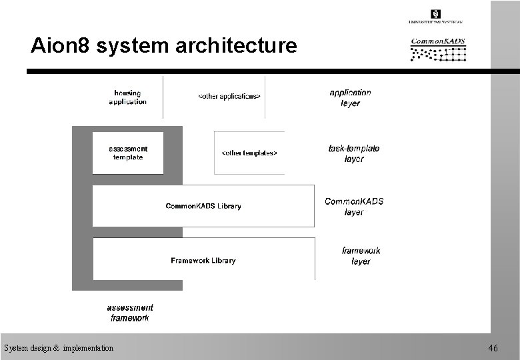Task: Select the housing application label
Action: [127, 97]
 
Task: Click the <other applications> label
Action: [229, 97]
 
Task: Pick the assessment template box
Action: [127, 153]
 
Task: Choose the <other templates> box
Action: [249, 153]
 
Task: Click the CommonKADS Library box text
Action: [203, 206]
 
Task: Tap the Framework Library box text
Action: [203, 261]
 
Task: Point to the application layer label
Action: [350, 98]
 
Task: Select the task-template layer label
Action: [353, 154]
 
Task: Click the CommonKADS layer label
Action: [354, 207]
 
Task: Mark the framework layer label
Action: [361, 256]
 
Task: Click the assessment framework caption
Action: [130, 313]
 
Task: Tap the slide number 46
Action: [493, 348]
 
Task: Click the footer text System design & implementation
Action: [59, 348]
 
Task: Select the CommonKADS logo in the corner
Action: [438, 41]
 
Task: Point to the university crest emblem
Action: [436, 14]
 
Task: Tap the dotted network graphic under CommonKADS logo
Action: [438, 53]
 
